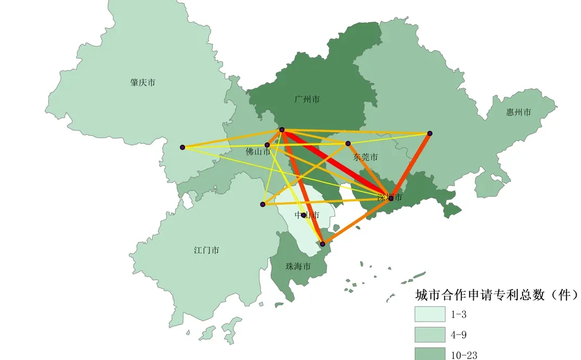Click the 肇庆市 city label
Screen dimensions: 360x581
tap(143, 83)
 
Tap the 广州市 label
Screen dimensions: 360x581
tap(307, 100)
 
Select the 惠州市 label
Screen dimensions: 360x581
tap(518, 113)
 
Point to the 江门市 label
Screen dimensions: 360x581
tap(206, 250)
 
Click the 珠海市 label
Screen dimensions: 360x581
tap(298, 267)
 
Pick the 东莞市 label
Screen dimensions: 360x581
tap(365, 158)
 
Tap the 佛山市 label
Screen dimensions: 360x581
tap(258, 152)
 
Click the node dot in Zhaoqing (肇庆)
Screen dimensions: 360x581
tap(182, 147)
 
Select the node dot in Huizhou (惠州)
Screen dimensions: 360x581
tap(430, 133)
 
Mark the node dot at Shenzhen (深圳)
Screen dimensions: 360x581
tap(391, 199)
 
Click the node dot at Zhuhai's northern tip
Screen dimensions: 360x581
tap(323, 244)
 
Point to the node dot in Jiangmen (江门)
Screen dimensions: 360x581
tap(263, 205)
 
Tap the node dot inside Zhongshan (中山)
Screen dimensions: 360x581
tap(304, 215)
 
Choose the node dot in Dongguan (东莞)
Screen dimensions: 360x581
tap(348, 143)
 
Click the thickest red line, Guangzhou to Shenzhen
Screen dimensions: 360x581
tap(336, 163)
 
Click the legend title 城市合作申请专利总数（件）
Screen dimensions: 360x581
tap(496, 295)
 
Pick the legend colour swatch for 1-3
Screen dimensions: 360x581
tap(430, 315)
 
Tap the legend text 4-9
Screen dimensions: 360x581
tap(458, 335)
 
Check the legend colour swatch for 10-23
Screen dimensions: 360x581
tap(430, 354)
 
